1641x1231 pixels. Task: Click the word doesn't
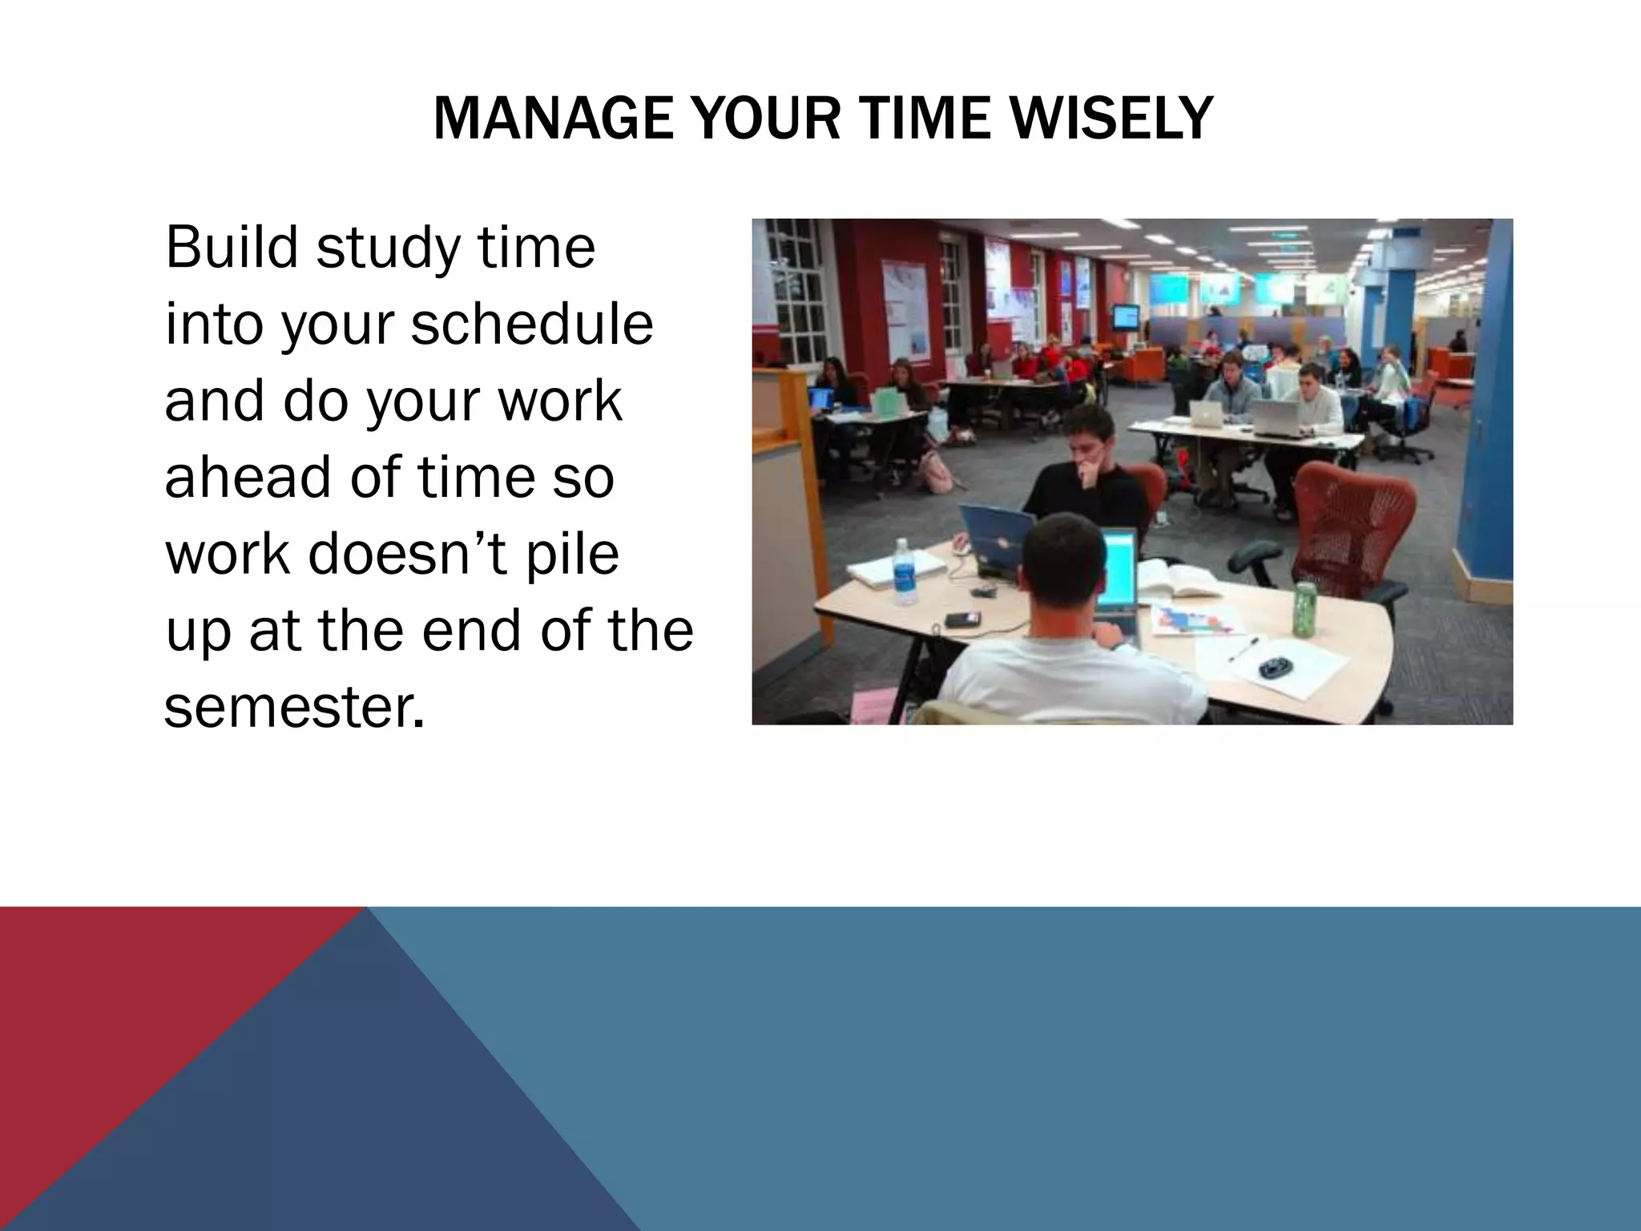tap(408, 554)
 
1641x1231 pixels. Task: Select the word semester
tap(292, 707)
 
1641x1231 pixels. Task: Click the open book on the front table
tap(1178, 579)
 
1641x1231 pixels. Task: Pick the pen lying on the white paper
tap(1243, 648)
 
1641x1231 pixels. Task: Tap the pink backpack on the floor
tap(934, 471)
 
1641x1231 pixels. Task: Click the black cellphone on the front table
tap(961, 619)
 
